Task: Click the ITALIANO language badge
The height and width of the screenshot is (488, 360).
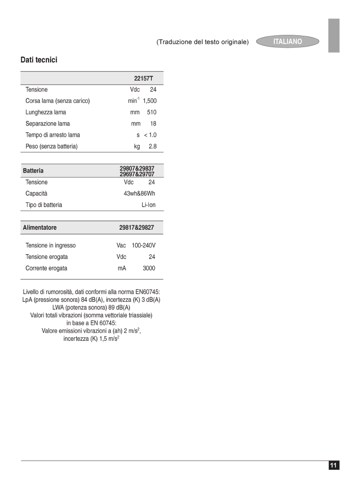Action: [x=287, y=42]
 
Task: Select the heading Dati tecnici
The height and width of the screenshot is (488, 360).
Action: [x=39, y=60]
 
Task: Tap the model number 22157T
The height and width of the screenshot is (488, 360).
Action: [x=143, y=78]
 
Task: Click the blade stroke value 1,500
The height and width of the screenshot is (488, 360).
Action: [x=150, y=101]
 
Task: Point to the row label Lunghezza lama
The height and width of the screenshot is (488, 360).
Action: [x=46, y=112]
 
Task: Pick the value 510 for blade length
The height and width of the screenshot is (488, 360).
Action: [x=151, y=112]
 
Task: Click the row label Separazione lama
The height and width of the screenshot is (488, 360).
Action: [x=48, y=124]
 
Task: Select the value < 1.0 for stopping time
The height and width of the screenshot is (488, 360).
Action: [x=150, y=135]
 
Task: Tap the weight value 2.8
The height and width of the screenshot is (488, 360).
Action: [x=152, y=146]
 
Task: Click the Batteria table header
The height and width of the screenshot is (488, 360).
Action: [x=34, y=171]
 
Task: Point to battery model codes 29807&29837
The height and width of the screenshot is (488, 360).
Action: [x=137, y=169]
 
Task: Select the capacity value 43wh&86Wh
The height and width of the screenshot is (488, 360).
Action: [x=139, y=193]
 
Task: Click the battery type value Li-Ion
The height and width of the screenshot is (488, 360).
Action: [x=148, y=205]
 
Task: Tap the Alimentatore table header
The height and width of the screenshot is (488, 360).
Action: [x=40, y=227]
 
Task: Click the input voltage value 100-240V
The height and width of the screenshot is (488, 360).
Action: [x=143, y=246]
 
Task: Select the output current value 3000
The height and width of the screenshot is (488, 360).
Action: [x=149, y=268]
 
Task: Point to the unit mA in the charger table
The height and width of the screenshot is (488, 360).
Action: [x=122, y=268]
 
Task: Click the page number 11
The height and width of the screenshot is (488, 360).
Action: [x=334, y=465]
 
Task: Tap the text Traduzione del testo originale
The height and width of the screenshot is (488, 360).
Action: [x=203, y=42]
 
